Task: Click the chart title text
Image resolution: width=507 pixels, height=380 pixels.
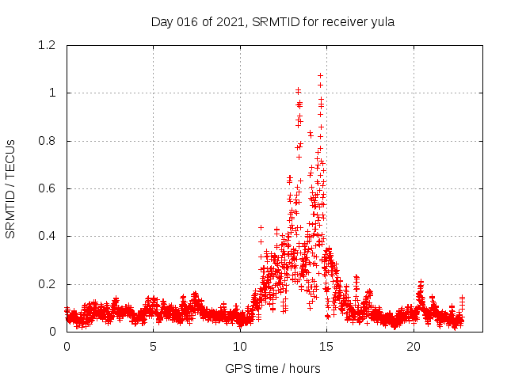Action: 273,21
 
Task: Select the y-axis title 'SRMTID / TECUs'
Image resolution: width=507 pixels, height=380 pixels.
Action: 10,188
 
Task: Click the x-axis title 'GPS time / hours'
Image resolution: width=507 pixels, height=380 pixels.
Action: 273,368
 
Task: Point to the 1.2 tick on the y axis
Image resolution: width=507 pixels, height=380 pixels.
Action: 47,45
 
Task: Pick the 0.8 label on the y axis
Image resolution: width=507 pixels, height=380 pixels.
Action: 47,141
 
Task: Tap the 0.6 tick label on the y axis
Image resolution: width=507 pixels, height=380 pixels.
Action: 47,188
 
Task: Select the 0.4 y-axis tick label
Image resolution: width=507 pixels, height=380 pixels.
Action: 47,236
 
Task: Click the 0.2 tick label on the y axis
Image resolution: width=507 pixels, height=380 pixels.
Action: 47,284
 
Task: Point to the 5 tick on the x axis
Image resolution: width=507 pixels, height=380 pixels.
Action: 153,346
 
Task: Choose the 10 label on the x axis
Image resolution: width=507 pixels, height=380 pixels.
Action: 240,346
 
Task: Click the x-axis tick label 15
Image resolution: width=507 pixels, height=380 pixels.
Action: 326,346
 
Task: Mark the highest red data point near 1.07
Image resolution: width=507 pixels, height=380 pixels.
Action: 320,75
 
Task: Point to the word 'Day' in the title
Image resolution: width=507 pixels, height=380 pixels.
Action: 162,21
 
